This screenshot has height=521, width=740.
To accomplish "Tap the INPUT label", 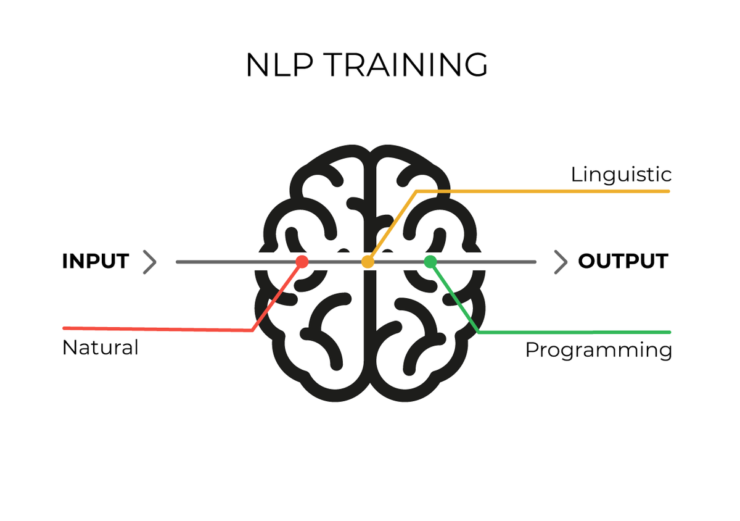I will point(95,262).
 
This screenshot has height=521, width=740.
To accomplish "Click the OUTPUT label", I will point(623,262).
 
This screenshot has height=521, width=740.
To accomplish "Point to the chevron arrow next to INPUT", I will point(150,262).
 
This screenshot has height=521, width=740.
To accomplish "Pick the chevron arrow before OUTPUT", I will point(560,262).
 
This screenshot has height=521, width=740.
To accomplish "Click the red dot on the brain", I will point(302,262).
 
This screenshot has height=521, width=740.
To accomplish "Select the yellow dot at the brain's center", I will point(368,262).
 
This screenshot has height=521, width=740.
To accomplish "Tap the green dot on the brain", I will point(430,262).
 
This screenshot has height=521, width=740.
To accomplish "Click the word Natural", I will point(101,348).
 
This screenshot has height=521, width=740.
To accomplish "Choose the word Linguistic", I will point(621,175).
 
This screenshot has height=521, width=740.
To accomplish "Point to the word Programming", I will point(598,351).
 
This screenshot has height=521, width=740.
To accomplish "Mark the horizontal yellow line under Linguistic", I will point(543,191).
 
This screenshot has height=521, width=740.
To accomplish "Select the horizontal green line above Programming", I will point(573,332).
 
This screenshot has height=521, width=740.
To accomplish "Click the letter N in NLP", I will point(257,65).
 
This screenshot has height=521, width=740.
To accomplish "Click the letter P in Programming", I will point(531,350).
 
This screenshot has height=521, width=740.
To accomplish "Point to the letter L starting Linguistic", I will point(575,175).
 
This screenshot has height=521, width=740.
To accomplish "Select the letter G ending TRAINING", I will point(475,65).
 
